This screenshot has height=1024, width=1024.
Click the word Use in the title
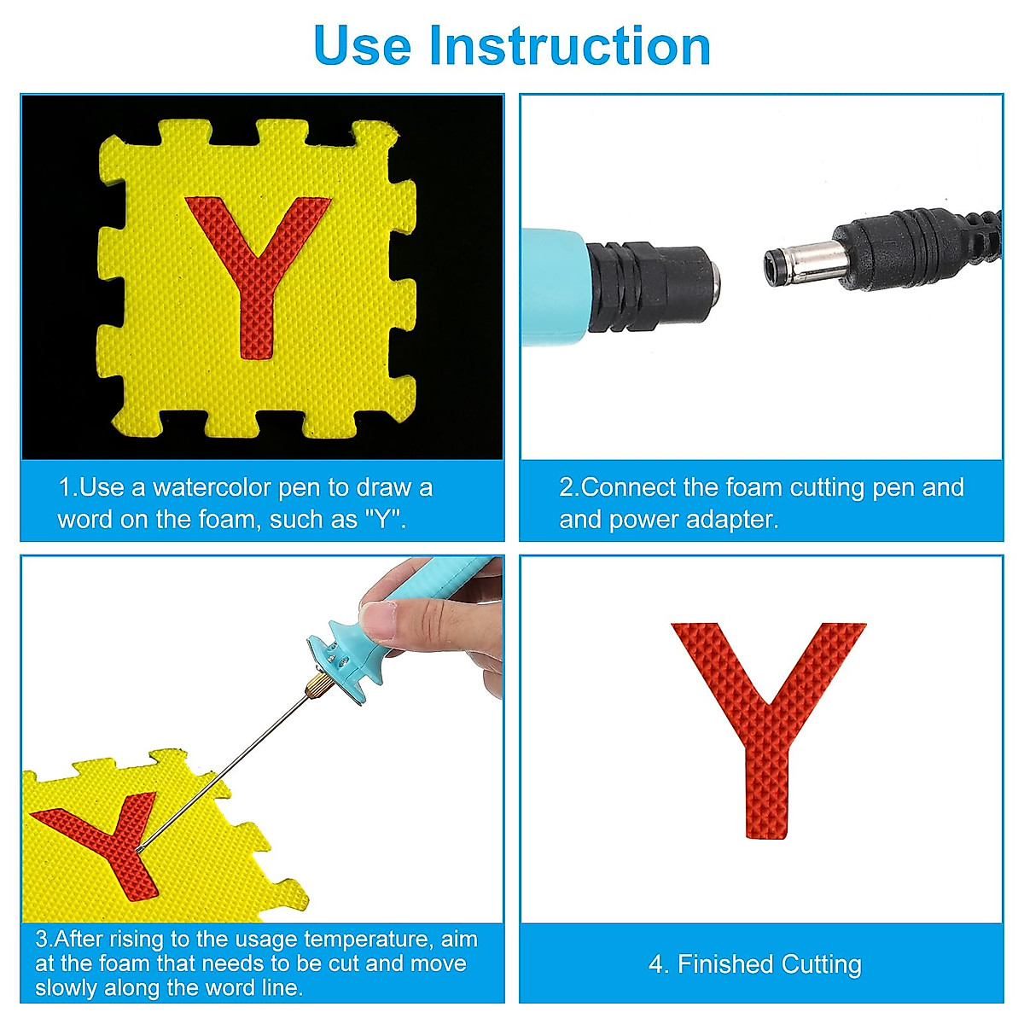coord(363,46)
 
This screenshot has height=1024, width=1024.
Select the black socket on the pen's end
coord(654,288)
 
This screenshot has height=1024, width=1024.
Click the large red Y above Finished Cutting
coord(768,730)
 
